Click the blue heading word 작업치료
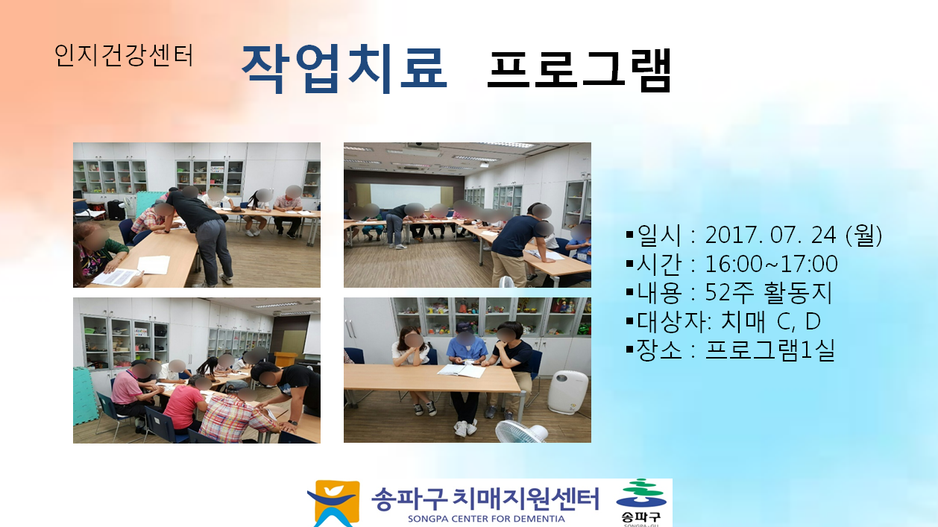pyautogui.click(x=344, y=69)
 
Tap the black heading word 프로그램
pyautogui.click(x=579, y=70)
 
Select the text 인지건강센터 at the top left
pyautogui.click(x=124, y=55)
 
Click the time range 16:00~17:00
pyautogui.click(x=771, y=264)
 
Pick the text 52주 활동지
pyautogui.click(x=768, y=293)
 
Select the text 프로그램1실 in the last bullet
pyautogui.click(x=769, y=350)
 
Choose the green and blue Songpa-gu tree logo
pyautogui.click(x=640, y=494)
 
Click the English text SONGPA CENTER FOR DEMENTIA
pyautogui.click(x=486, y=519)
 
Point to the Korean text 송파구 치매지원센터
pyautogui.click(x=485, y=498)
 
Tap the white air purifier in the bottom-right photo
pyautogui.click(x=568, y=392)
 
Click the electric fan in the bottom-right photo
pyautogui.click(x=521, y=432)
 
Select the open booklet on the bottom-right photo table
pyautogui.click(x=462, y=370)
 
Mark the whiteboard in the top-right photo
pyautogui.click(x=405, y=196)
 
